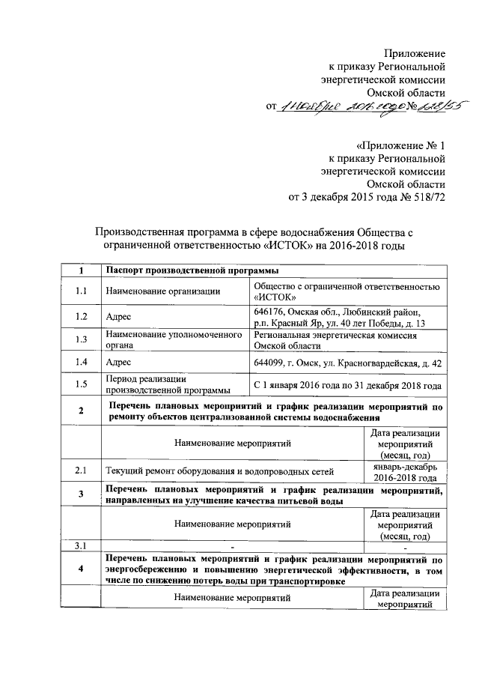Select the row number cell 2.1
pyautogui.click(x=81, y=470)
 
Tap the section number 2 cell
pyautogui.click(x=81, y=411)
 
